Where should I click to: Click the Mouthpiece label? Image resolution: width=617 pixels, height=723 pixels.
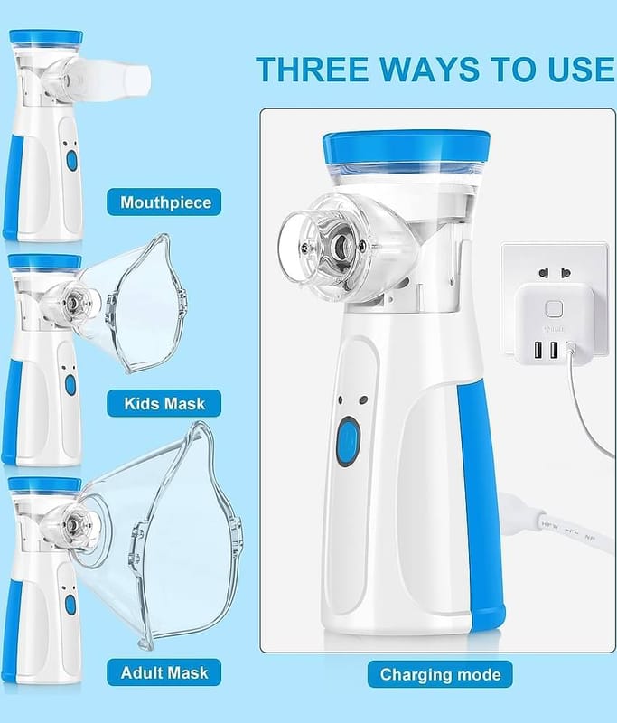tap(164, 202)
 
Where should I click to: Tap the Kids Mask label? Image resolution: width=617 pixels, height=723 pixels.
tap(164, 403)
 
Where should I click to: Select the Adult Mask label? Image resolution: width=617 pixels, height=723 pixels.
tap(164, 672)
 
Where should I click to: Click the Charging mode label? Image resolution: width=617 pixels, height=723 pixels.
tap(440, 674)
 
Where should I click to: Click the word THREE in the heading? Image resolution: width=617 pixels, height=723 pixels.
tap(312, 70)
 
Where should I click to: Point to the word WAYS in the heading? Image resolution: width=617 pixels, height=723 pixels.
tap(429, 70)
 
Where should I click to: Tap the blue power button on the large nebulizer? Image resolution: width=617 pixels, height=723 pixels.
tap(349, 441)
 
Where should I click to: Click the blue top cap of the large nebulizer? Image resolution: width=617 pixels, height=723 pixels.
tap(406, 147)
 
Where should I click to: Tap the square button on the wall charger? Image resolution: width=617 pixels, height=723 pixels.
tap(553, 309)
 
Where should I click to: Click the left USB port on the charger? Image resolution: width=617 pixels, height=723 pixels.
tap(538, 350)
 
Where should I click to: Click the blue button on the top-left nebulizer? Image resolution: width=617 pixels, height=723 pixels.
tap(71, 160)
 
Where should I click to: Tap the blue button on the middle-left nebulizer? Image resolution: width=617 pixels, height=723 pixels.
tap(70, 385)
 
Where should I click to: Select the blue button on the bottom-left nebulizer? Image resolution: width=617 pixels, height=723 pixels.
tap(70, 605)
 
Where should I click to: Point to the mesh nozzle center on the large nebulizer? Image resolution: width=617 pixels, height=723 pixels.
tap(341, 243)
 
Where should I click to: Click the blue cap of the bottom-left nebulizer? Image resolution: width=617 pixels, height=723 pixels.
tap(44, 484)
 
